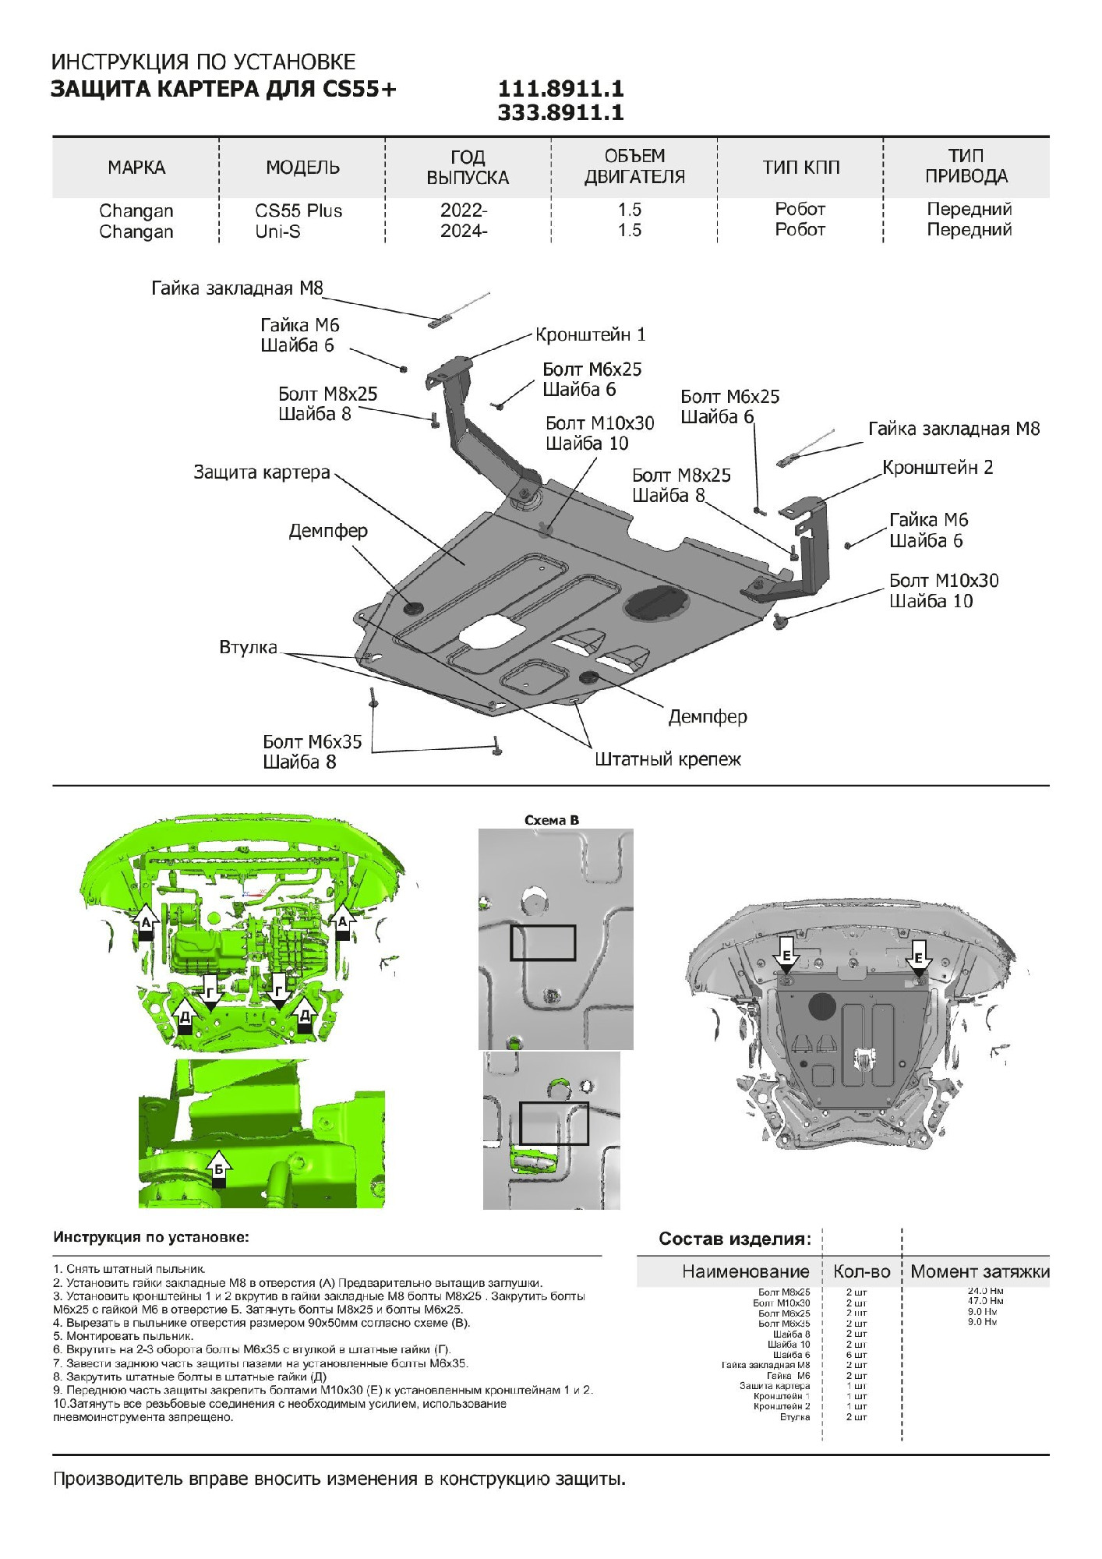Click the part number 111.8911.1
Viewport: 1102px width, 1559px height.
[560, 89]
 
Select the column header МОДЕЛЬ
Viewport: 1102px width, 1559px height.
[302, 168]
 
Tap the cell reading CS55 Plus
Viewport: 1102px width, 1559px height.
[298, 211]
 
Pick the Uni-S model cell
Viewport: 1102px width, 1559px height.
[277, 232]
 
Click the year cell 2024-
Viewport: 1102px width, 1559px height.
[464, 231]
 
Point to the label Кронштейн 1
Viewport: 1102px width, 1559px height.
[590, 335]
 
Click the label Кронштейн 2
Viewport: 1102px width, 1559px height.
[938, 468]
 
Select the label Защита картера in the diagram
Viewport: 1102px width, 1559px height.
[262, 472]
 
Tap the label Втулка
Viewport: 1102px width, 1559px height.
[248, 648]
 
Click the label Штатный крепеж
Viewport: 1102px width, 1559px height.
[668, 759]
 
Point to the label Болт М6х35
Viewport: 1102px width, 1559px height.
[313, 742]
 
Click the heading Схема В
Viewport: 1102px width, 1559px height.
[552, 820]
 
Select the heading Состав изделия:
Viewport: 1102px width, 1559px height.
[735, 1239]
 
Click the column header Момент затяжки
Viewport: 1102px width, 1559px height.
[980, 1271]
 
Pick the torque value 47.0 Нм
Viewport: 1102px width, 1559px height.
[985, 1300]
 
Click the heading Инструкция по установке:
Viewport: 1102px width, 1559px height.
[151, 1237]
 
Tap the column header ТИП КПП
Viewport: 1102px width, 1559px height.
[801, 168]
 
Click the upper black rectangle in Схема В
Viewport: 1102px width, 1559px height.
[543, 942]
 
